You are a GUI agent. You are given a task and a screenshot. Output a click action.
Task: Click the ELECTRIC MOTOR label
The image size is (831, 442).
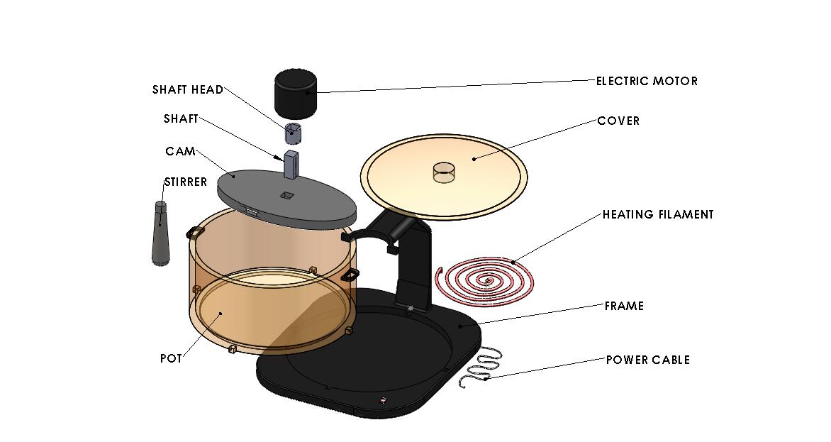(x=647, y=81)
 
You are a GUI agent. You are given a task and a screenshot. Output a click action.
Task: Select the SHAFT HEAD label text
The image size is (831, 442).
(x=188, y=89)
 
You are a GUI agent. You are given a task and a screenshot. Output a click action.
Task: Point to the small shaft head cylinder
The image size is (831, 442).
(x=293, y=133)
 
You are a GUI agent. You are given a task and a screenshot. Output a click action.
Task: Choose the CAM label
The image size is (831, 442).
(x=180, y=152)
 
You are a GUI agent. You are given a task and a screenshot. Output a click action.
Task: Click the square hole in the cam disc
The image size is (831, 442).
(x=286, y=196)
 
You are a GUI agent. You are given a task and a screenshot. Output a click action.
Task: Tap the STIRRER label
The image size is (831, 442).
(x=186, y=182)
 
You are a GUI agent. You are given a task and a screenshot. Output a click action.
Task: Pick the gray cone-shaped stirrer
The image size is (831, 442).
(x=160, y=233)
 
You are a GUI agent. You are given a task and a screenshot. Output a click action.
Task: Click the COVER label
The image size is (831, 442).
(x=618, y=121)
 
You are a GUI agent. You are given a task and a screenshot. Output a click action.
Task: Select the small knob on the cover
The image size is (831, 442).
(x=444, y=172)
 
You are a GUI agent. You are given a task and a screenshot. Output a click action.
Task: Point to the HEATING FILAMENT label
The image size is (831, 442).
(x=658, y=215)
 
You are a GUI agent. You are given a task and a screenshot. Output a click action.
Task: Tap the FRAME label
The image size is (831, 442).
(x=624, y=306)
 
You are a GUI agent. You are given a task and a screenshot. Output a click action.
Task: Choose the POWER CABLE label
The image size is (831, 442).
(x=648, y=360)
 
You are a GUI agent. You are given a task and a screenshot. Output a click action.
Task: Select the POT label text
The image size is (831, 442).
(x=171, y=359)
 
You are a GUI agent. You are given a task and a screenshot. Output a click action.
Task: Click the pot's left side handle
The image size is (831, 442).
(x=195, y=233)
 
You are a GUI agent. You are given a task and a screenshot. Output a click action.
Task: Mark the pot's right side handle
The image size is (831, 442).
(x=350, y=275)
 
